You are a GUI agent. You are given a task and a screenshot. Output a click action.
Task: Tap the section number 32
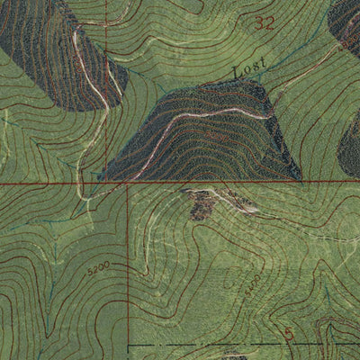(x=264, y=24)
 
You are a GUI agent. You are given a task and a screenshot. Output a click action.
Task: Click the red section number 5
(x=288, y=334)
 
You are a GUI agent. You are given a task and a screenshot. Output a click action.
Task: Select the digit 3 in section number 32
(x=259, y=24)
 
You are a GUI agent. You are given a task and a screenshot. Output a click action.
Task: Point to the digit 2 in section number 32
(x=269, y=24)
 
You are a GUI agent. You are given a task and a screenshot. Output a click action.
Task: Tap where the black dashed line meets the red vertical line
(x=129, y=344)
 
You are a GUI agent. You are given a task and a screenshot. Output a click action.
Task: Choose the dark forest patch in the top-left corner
(x=54, y=45)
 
